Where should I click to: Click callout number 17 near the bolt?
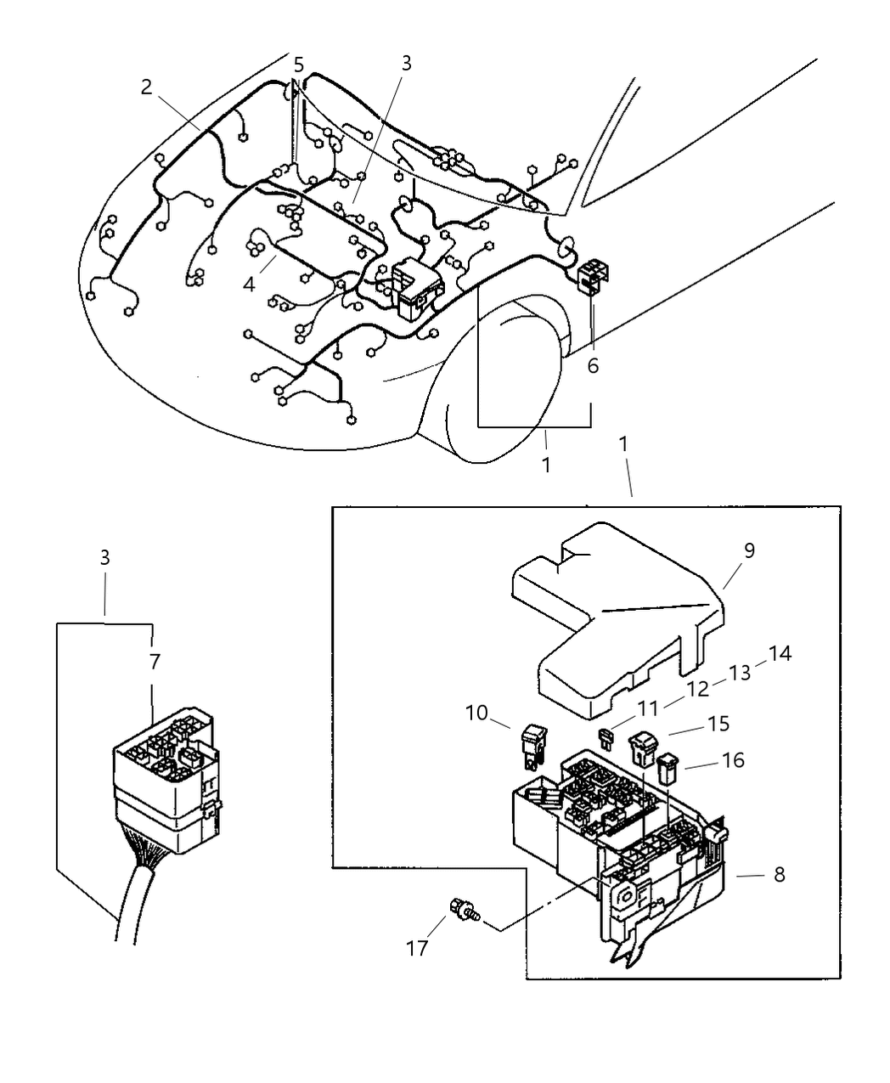tap(416, 948)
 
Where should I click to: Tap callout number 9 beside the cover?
tap(748, 550)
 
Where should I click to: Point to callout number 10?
tap(476, 713)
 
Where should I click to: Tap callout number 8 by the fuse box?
tap(779, 874)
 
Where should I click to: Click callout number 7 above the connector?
tap(154, 661)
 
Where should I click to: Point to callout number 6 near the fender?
tap(593, 366)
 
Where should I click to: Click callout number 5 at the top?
tap(298, 65)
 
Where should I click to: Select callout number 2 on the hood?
tap(147, 87)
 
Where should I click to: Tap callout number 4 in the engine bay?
tap(249, 284)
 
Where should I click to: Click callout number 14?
tap(780, 653)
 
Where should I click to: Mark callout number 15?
tap(719, 724)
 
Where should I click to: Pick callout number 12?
tap(697, 690)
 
